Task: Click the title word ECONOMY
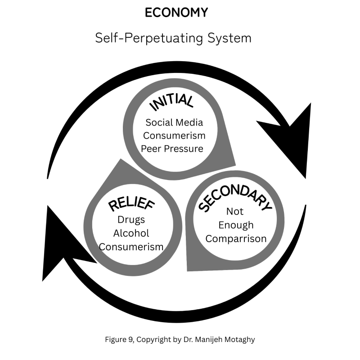pyautogui.click(x=176, y=13)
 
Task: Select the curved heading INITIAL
pyautogui.click(x=172, y=103)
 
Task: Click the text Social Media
pyautogui.click(x=174, y=122)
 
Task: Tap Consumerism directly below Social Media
pyautogui.click(x=174, y=135)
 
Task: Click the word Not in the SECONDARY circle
pyautogui.click(x=234, y=211)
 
